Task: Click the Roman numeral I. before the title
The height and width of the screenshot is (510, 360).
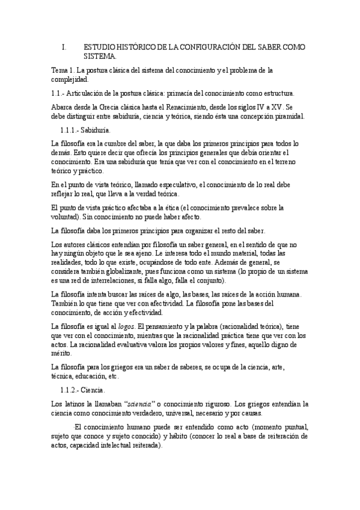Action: [x=64, y=47]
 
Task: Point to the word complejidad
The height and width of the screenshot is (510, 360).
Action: [x=70, y=79]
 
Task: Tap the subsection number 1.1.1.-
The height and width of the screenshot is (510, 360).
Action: [x=73, y=130]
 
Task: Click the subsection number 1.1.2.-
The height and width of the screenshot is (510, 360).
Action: [x=73, y=390]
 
